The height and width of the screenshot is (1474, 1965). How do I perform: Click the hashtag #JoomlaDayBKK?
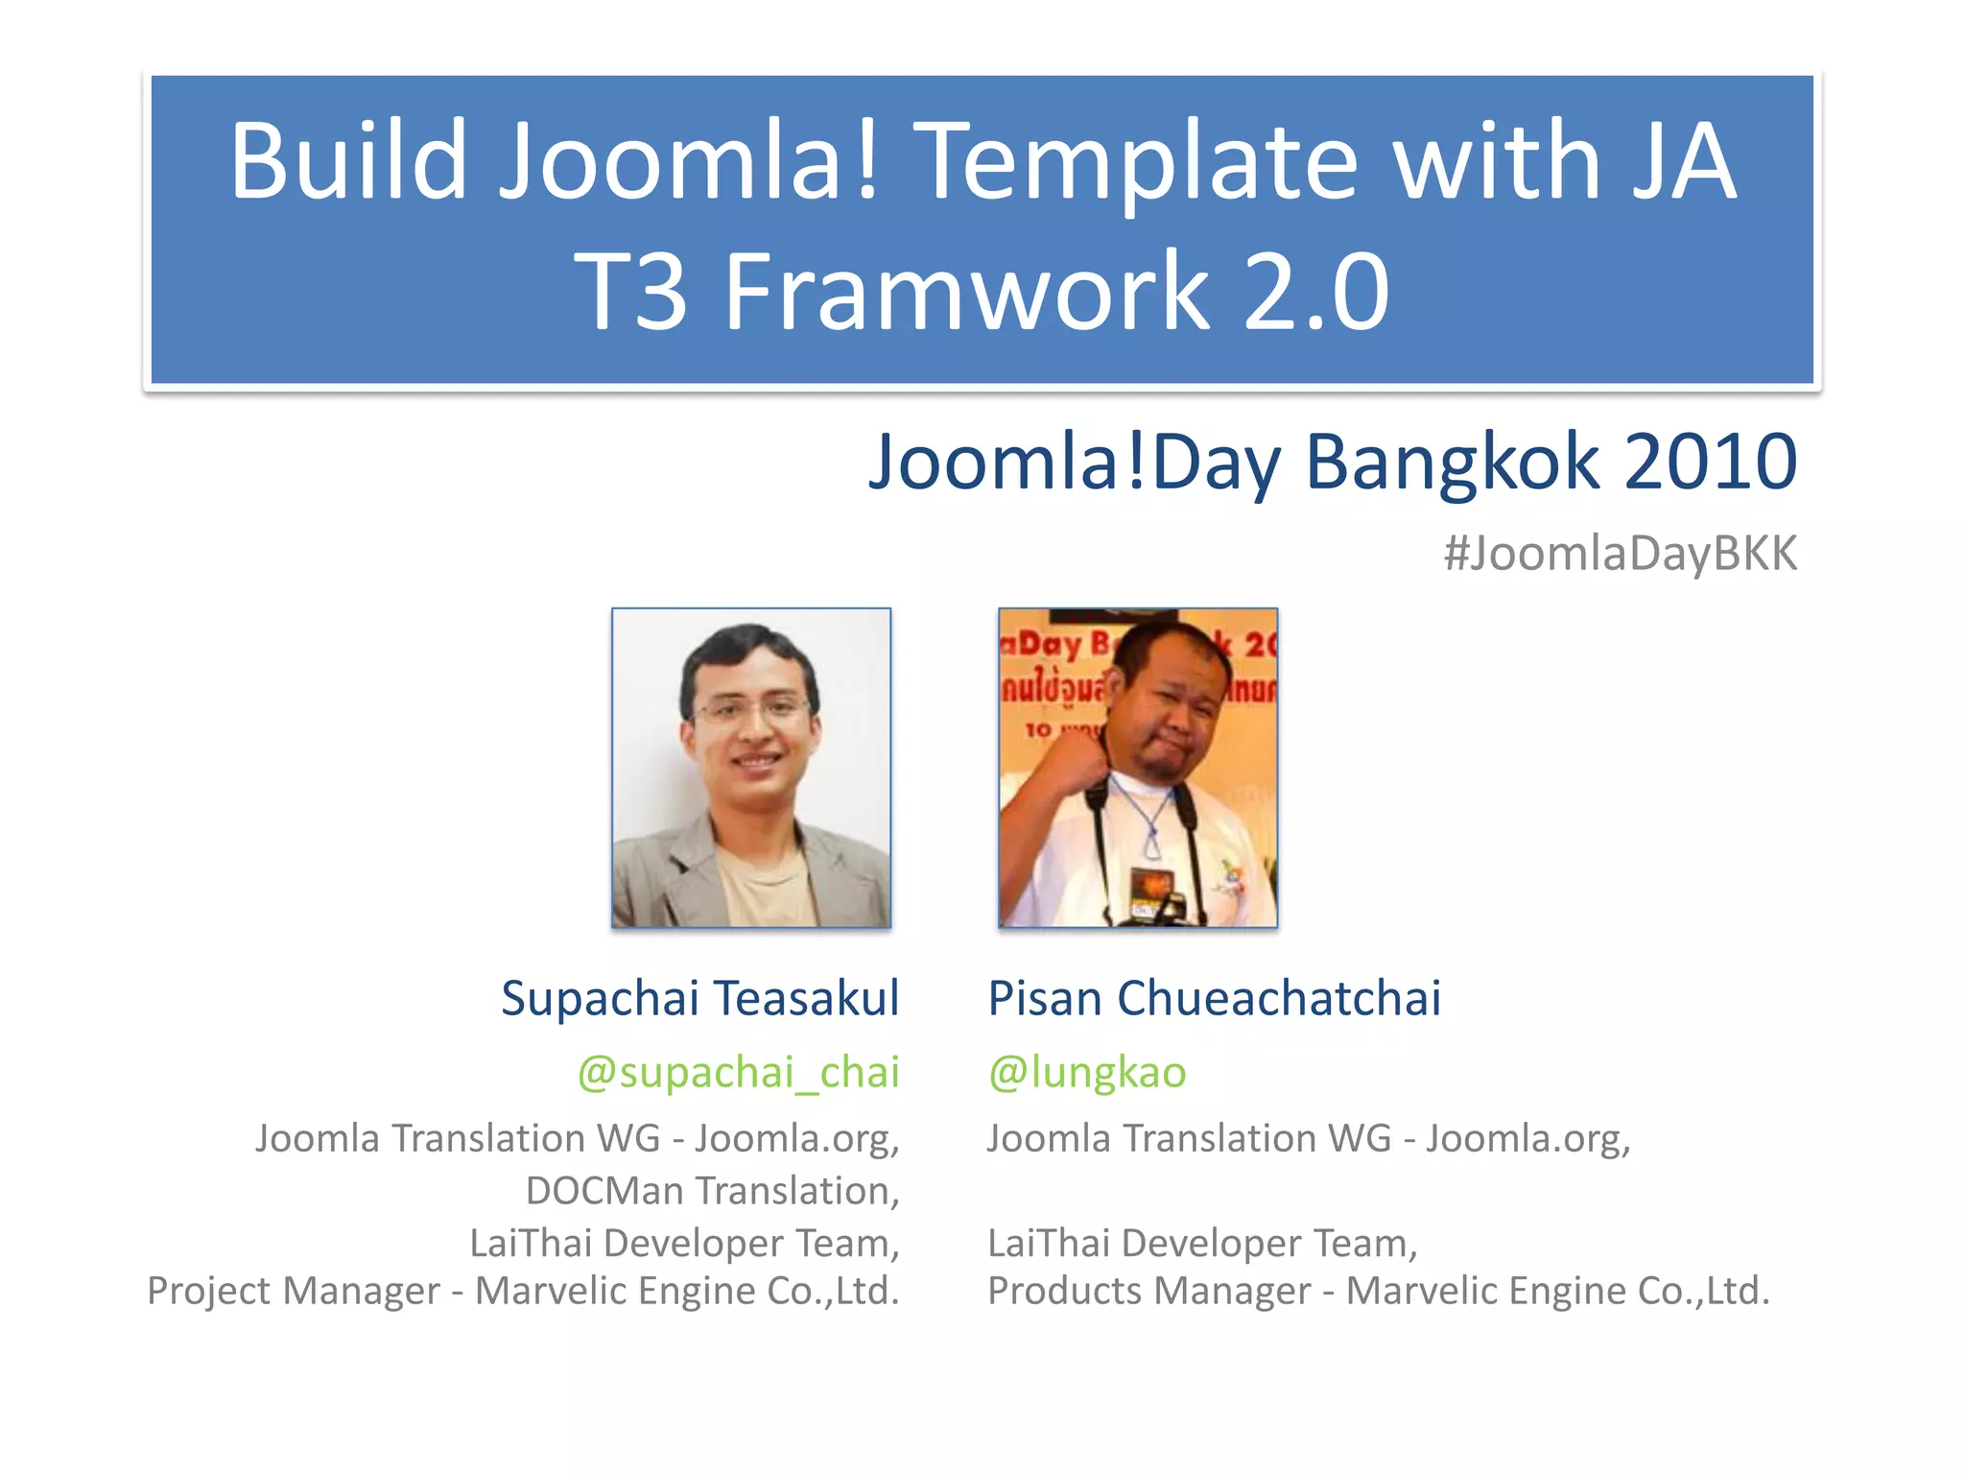click(1620, 555)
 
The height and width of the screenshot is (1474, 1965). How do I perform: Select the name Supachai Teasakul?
click(700, 998)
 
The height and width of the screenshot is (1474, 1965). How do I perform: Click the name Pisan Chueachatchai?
click(1214, 998)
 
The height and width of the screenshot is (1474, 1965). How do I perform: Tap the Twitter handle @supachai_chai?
click(738, 1072)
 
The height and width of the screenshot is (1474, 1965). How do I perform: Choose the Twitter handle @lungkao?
click(1087, 1072)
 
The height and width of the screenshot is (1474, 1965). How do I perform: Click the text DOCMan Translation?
click(712, 1191)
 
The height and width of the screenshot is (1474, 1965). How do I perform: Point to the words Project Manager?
click(293, 1291)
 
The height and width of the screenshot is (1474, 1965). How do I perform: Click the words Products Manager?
click(1148, 1291)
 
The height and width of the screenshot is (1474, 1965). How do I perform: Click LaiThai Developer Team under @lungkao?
click(1202, 1244)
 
